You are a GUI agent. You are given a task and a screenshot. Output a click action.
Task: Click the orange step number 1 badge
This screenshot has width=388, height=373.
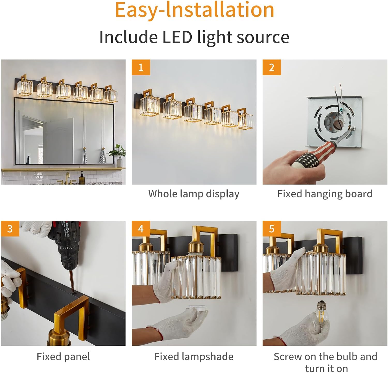(141, 67)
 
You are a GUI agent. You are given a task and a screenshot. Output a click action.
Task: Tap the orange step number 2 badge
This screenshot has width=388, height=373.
(272, 67)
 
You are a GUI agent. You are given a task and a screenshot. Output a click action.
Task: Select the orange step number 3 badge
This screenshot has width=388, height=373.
(10, 229)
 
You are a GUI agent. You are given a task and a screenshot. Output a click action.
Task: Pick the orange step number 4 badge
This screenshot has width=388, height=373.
(141, 229)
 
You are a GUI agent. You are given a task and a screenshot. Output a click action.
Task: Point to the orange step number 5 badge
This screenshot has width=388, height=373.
(272, 229)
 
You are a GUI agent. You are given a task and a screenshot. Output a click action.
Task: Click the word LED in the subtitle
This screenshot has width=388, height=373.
(177, 37)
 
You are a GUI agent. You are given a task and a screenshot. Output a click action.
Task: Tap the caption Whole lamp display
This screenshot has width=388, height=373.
(194, 194)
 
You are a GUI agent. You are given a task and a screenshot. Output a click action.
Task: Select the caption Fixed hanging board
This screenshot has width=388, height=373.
(325, 194)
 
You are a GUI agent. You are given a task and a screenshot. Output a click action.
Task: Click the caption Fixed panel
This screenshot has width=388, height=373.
(63, 357)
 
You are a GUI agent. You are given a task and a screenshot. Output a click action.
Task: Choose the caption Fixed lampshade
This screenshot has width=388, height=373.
(194, 357)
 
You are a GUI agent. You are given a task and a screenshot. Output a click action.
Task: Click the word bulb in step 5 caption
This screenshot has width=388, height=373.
(345, 357)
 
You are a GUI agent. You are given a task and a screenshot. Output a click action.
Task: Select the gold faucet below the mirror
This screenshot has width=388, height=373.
(67, 178)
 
